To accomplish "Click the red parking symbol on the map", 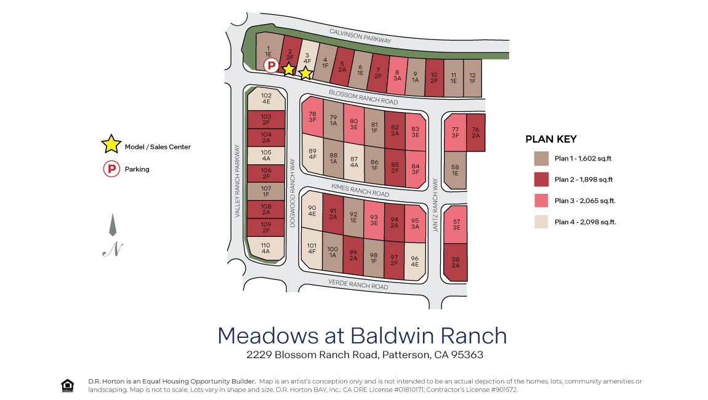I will [x=270, y=65].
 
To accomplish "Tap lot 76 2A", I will [x=475, y=133].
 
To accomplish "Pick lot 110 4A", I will [x=266, y=248].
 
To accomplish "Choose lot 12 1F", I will [x=472, y=78].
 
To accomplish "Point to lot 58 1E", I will [x=455, y=170].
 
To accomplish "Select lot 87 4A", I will [x=354, y=161].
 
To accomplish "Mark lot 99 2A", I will [x=353, y=255].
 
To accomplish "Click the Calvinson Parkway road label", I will [x=360, y=36].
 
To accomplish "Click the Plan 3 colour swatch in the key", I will [x=541, y=201].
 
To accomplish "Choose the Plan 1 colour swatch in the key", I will [x=541, y=158].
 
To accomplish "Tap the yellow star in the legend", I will [x=111, y=145].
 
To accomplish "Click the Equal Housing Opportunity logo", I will [x=68, y=385].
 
